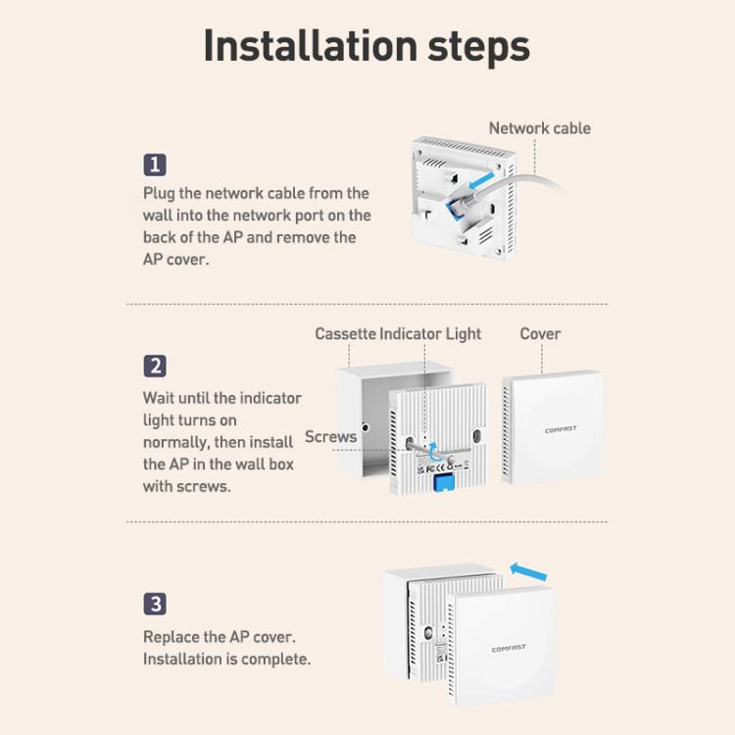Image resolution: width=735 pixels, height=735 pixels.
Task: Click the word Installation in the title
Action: (311, 46)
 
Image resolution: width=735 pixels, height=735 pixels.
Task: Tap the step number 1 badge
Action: (155, 165)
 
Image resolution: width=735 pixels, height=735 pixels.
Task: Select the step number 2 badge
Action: (155, 367)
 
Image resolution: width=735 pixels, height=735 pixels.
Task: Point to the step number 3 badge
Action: (155, 604)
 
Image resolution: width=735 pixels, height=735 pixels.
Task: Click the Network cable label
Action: (540, 128)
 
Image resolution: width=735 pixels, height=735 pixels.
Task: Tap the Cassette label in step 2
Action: (346, 334)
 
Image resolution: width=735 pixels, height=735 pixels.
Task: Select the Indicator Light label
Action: (430, 334)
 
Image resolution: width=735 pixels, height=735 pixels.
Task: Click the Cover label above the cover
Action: (540, 334)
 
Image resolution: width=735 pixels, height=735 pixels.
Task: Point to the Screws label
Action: (330, 436)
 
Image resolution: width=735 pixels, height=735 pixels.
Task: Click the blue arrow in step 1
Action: (481, 180)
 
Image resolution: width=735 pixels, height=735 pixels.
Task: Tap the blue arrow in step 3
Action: (528, 570)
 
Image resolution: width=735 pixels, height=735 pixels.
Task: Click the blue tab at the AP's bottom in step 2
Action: (445, 483)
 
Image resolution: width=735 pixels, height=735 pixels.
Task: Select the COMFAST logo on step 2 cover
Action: (561, 429)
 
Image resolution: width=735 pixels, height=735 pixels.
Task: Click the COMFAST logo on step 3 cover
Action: (509, 649)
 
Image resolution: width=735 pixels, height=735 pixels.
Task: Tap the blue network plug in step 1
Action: (454, 208)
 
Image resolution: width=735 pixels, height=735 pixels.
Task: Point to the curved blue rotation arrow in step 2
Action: (433, 453)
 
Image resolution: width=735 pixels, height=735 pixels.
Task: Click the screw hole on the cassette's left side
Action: (366, 427)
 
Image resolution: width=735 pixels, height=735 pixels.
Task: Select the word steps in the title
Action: (478, 47)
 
